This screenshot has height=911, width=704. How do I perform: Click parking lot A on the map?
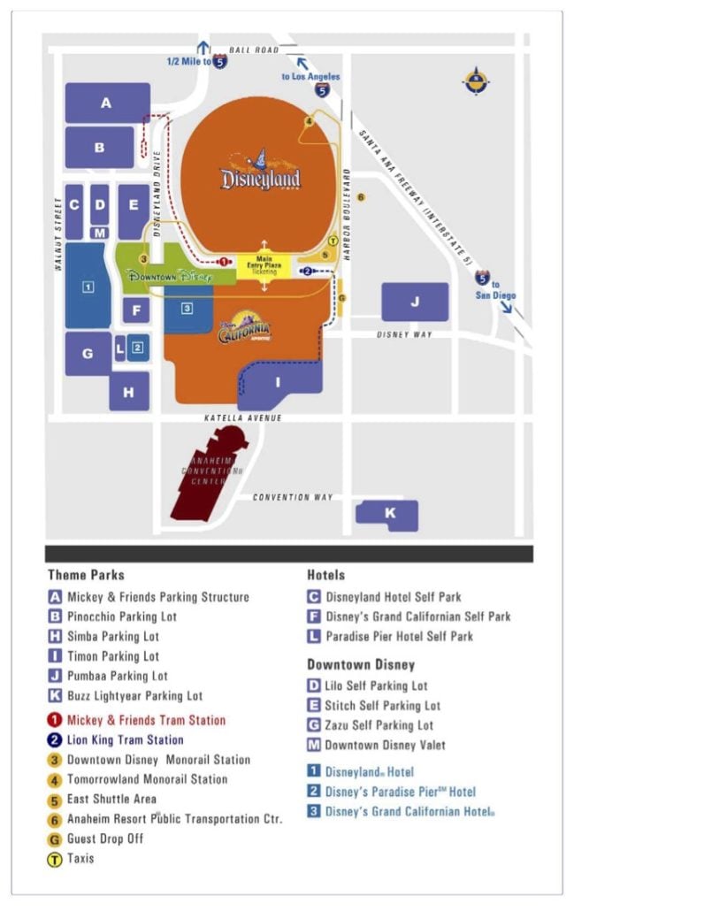coord(107,103)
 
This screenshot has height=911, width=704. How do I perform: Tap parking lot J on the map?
coord(415,302)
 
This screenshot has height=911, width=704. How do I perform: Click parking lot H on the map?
coord(129,391)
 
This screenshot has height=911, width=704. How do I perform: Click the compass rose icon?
coord(476,81)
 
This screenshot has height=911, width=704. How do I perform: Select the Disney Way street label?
coord(404,335)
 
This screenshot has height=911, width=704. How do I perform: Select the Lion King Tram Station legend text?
coord(125,739)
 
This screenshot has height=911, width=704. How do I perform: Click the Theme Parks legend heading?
coord(86,575)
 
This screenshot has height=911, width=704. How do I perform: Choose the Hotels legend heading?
coord(325,575)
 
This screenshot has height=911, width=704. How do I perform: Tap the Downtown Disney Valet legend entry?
coord(386,745)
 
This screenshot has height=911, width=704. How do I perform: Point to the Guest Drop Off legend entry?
coord(105,838)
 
